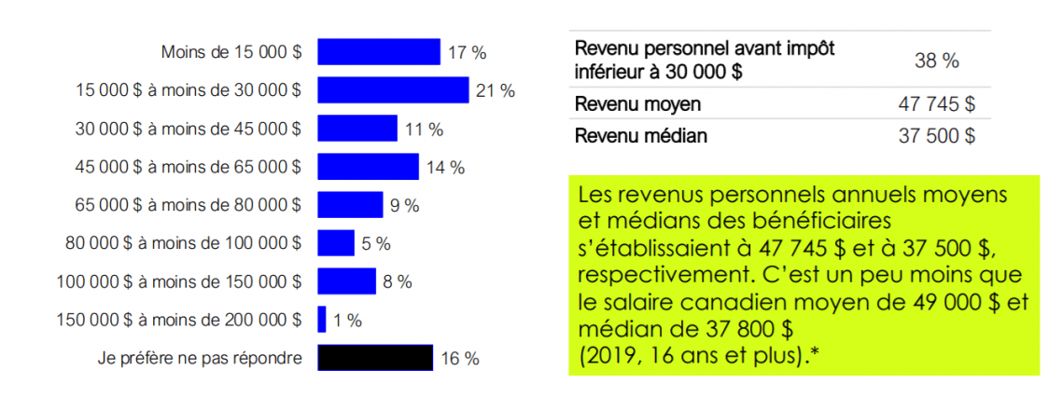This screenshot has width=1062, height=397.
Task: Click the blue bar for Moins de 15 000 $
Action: coord(378,51)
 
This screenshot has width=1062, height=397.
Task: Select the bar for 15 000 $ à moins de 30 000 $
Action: coord(392,89)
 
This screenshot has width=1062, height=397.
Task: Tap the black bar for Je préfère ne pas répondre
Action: coord(374,358)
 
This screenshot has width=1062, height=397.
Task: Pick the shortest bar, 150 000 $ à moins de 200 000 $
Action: coord(322,320)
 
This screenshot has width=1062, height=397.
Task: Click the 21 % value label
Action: coord(495,90)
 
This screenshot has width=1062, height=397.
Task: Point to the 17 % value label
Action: coord(467,52)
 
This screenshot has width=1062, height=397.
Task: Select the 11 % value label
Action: coord(424,129)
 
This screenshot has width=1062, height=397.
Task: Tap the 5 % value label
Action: coord(375,244)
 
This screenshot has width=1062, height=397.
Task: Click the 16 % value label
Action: coord(459,359)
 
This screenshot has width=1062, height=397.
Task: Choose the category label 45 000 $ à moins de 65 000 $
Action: coord(189,168)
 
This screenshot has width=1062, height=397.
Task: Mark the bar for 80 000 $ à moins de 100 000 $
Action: coord(335,243)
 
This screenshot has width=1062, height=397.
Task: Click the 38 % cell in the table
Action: coord(937,61)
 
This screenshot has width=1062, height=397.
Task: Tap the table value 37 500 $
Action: coord(936,136)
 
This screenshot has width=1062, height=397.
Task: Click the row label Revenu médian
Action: coord(641,136)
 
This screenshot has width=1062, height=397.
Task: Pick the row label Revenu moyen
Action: coord(638,104)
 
